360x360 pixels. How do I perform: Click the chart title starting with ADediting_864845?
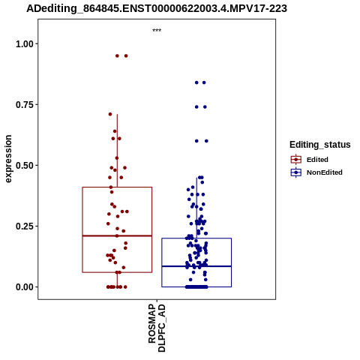157,9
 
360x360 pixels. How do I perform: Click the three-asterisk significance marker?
157,31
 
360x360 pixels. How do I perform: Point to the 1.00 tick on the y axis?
25,44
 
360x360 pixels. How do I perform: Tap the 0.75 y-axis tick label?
25,105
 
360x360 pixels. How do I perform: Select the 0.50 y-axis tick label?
25,166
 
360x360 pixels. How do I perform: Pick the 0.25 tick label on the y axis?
25,226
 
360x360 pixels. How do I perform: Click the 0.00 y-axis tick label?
25,287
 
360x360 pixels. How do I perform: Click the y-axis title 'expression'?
8,159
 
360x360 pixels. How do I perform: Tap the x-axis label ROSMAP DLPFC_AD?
157,328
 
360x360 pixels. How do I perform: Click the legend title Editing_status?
320,145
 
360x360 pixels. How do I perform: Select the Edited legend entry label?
317,160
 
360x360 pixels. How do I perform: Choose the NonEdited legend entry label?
325,172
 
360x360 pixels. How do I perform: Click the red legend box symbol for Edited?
296,160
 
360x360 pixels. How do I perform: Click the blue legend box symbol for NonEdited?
296,172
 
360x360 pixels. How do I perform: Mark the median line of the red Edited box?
117,235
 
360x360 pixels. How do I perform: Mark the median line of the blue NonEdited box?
196,266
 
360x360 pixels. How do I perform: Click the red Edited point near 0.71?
110,114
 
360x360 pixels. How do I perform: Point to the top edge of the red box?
117,187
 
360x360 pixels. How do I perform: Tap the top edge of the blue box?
196,238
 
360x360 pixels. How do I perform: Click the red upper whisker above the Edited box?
117,151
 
